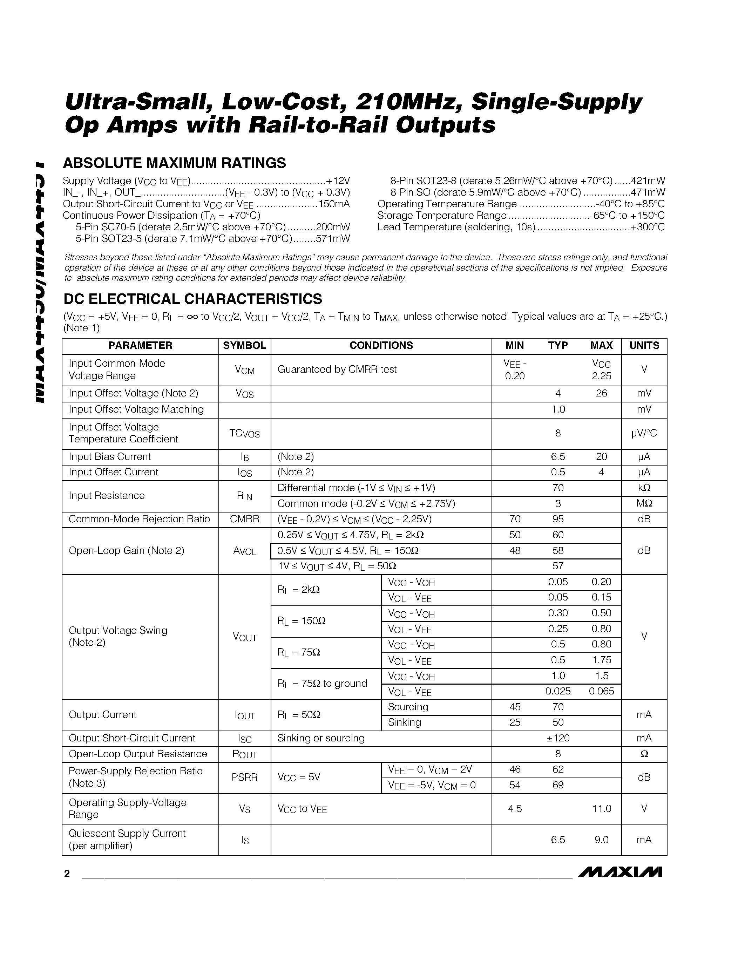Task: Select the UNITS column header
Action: [x=644, y=346]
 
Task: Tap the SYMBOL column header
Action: [x=244, y=346]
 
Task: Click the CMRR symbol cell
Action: [x=244, y=519]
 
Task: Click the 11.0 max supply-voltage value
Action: [x=601, y=809]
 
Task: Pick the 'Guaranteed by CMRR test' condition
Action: [x=337, y=369]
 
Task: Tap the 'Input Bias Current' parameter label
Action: [x=110, y=457]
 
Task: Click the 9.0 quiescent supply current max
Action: [x=601, y=840]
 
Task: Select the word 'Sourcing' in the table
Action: [x=408, y=707]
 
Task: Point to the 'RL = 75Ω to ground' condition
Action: [x=322, y=683]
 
